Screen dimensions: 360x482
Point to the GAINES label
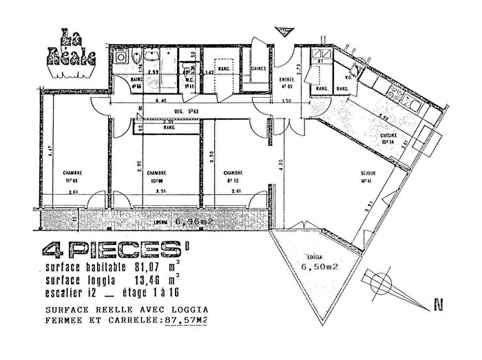(x=260, y=69)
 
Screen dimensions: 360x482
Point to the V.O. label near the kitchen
(x=348, y=77)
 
